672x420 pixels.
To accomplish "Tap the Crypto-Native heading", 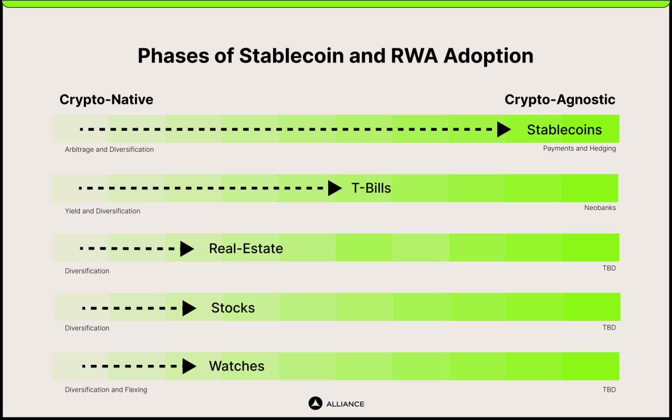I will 106,99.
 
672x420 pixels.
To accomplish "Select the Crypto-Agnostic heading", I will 560,99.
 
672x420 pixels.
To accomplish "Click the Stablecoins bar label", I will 564,130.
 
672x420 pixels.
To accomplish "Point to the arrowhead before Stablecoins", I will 503,129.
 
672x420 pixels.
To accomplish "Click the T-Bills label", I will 371,188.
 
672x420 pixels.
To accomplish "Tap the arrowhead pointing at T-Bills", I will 334,188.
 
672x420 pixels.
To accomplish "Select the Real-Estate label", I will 246,248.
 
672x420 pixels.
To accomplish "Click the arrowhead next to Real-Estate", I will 186,248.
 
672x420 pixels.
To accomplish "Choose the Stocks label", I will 233,308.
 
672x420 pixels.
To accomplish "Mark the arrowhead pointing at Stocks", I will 188,308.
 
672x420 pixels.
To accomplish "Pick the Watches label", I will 237,366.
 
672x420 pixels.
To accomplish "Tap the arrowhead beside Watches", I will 188,366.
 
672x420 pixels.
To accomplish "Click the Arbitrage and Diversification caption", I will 109,150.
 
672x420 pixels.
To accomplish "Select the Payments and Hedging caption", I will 579,149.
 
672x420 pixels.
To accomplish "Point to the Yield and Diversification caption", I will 102,211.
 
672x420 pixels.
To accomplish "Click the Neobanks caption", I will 600,208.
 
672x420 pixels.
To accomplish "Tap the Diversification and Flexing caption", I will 106,390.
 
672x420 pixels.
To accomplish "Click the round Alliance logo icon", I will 315,403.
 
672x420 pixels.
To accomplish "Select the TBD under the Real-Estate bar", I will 609,268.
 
